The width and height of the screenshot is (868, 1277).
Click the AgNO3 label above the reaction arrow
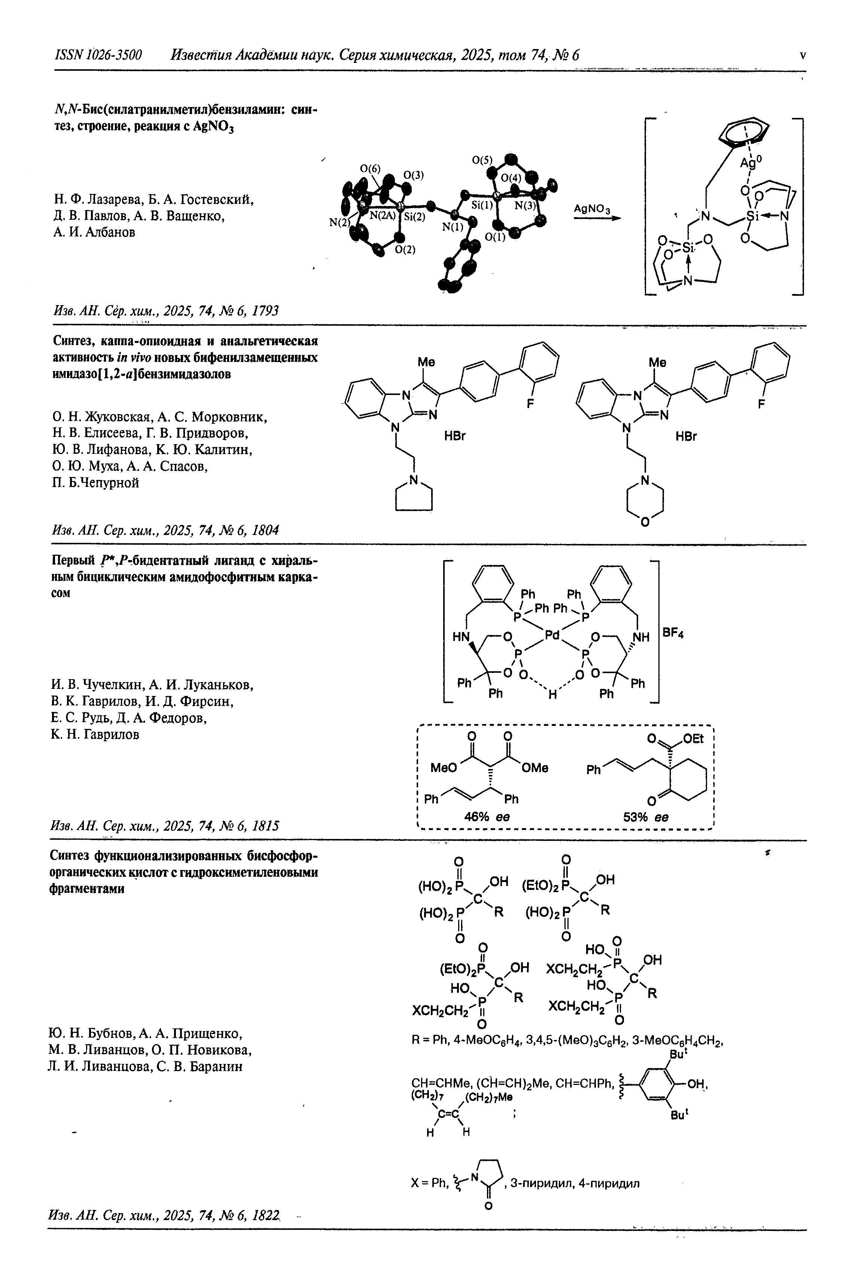coord(592,209)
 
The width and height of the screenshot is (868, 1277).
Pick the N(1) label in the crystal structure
coord(453,226)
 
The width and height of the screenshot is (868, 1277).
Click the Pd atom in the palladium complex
coord(552,635)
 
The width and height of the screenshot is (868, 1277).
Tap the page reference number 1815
coord(265,826)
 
